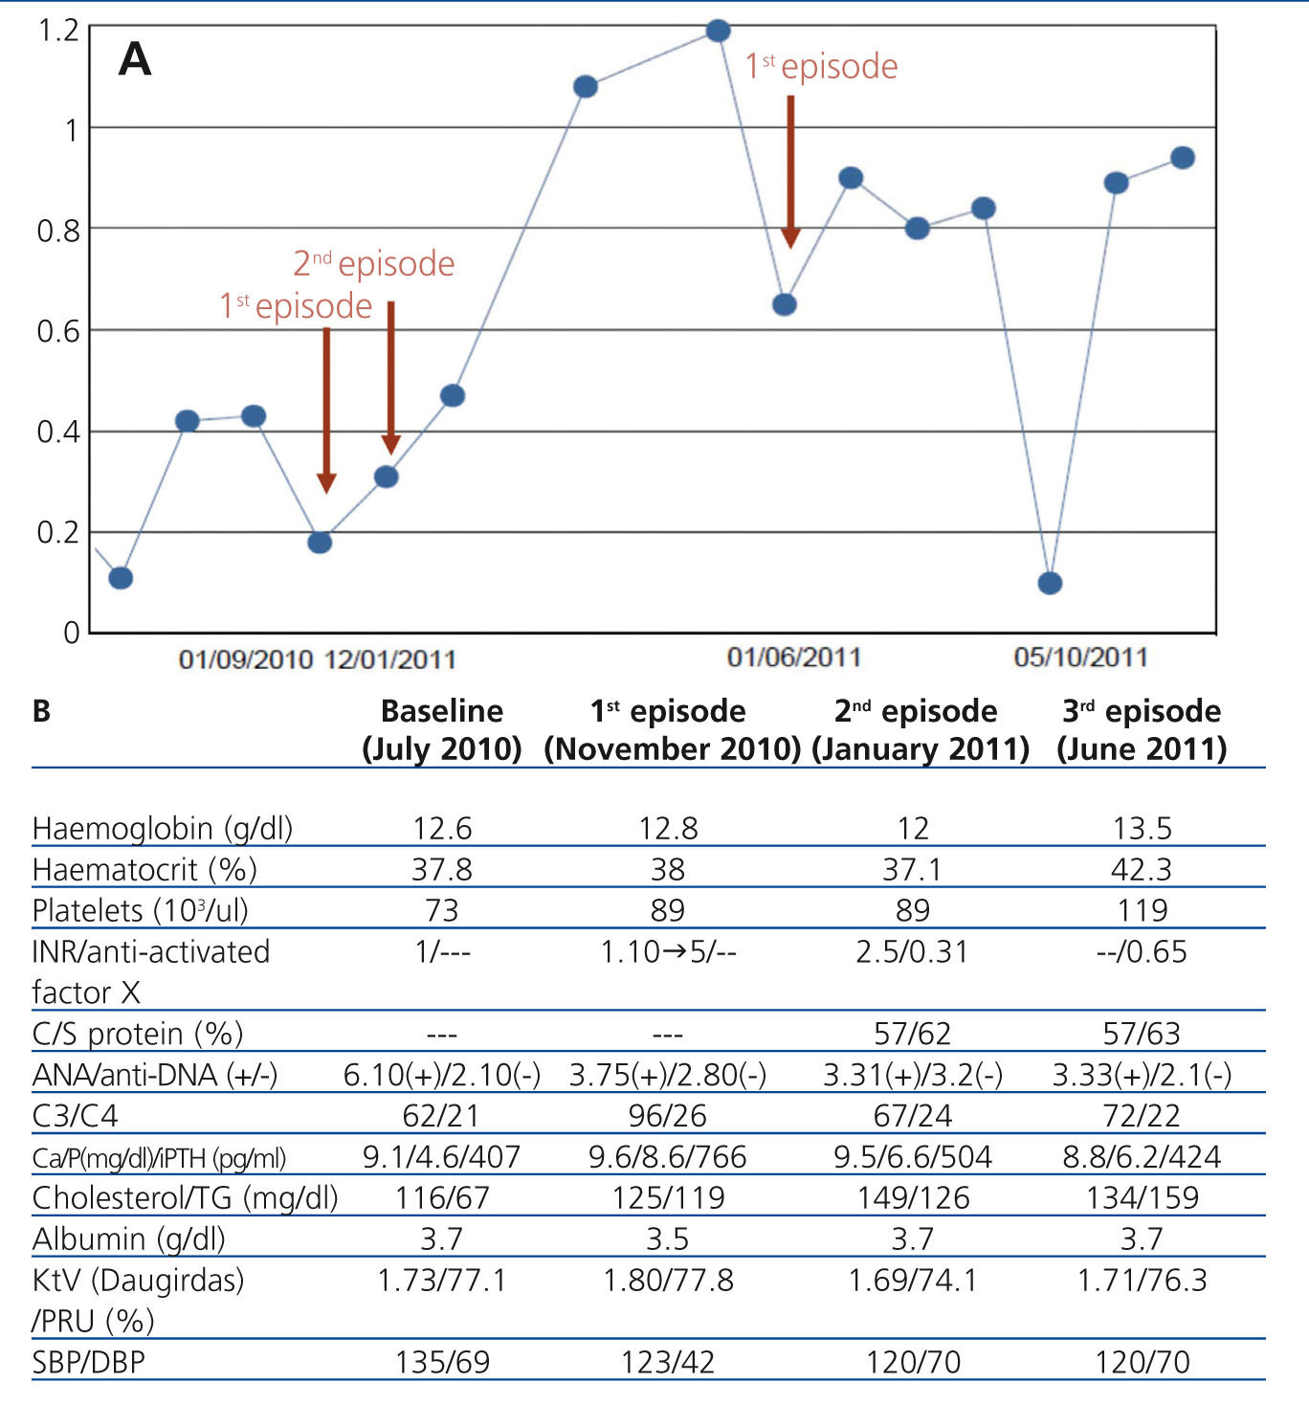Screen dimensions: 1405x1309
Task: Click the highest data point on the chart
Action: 718,31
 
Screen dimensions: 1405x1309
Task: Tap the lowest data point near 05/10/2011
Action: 1050,583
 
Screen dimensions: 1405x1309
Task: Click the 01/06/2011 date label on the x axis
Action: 793,658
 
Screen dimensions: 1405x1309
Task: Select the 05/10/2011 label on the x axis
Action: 1080,658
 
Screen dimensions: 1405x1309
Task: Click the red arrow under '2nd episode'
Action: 390,377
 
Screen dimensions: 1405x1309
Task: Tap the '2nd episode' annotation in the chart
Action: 373,263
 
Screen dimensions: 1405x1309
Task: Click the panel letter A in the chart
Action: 135,59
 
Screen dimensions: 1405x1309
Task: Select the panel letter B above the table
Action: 41,711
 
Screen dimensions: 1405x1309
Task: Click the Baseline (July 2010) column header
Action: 441,729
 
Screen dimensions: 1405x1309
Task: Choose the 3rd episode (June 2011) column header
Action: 1142,729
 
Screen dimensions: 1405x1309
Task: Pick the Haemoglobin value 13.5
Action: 1142,828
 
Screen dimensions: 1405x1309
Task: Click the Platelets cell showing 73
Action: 441,910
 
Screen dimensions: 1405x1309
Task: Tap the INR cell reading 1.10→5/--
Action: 668,951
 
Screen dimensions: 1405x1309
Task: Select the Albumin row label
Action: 128,1239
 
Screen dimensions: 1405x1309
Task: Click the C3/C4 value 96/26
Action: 668,1116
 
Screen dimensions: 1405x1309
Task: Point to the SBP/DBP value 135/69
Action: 441,1362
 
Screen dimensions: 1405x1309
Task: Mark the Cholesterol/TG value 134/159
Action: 1142,1198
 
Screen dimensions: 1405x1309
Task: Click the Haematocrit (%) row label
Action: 144,870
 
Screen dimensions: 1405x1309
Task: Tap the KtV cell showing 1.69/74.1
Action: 913,1281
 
